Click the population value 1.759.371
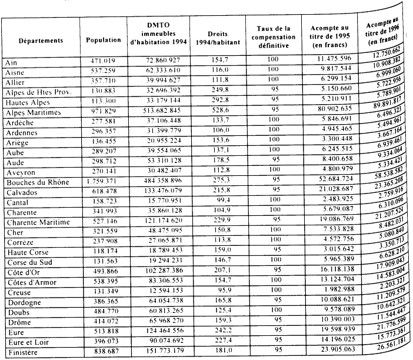click(102, 183)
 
